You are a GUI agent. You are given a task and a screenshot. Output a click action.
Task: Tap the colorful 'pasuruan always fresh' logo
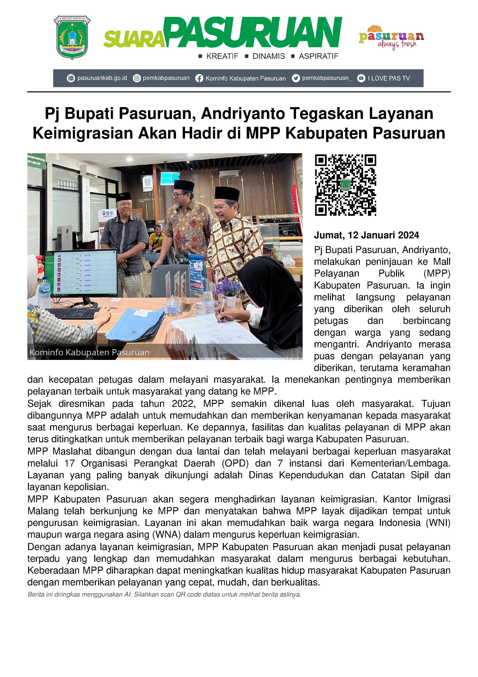pyautogui.click(x=391, y=37)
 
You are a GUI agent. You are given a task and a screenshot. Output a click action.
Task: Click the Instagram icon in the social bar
pyautogui.click(x=137, y=78)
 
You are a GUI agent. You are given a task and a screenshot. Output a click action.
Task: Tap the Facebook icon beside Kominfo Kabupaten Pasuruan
pyautogui.click(x=199, y=78)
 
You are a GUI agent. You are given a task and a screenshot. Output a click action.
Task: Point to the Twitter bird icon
pyautogui.click(x=296, y=78)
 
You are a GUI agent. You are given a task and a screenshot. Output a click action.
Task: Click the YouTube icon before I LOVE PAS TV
pyautogui.click(x=361, y=78)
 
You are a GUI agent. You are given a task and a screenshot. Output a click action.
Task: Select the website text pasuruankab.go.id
pyautogui.click(x=102, y=78)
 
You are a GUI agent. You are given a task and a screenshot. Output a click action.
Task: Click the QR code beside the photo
pyautogui.click(x=345, y=185)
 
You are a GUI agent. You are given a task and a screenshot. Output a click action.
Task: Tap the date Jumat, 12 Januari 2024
pyautogui.click(x=366, y=235)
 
